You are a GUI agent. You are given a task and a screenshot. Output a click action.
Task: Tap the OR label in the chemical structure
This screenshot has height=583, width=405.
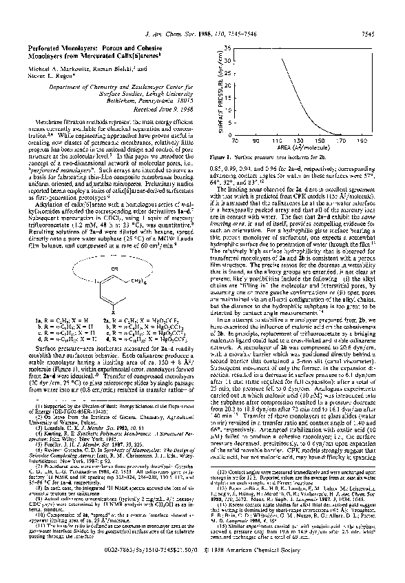(101, 267)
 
